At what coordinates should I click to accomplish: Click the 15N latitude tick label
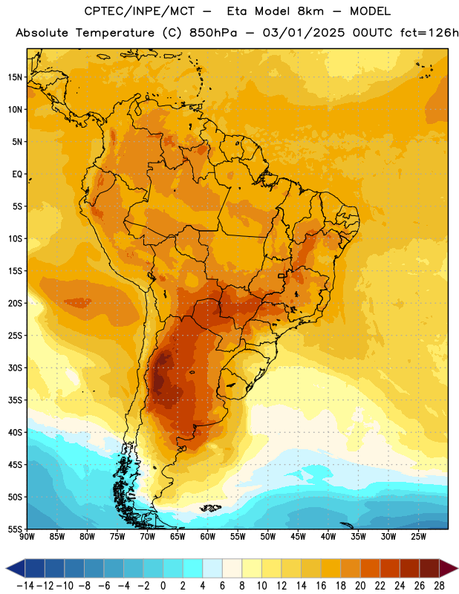click(15, 77)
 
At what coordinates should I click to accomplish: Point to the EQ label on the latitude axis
click(17, 174)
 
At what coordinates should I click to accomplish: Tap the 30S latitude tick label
click(15, 368)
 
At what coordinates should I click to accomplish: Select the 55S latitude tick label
click(15, 529)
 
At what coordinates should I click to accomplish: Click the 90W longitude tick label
click(27, 537)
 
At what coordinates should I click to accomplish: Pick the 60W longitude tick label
click(208, 537)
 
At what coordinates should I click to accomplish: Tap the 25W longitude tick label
click(418, 537)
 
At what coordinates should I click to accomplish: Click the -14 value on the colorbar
click(25, 586)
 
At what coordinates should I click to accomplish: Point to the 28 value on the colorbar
click(439, 586)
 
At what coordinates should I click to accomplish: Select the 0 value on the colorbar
click(163, 586)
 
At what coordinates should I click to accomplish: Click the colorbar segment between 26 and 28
click(429, 569)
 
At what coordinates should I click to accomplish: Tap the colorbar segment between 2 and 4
click(192, 569)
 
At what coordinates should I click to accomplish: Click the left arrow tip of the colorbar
click(6, 569)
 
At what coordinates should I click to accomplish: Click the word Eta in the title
click(236, 11)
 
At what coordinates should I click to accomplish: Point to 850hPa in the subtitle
click(213, 33)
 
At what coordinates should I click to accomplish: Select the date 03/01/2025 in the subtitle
click(304, 33)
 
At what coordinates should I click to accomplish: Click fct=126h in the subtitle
click(429, 33)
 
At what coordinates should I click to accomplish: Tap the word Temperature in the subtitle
click(115, 33)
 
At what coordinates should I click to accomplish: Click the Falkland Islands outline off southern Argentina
click(211, 508)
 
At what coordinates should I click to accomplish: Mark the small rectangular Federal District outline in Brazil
click(281, 275)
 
